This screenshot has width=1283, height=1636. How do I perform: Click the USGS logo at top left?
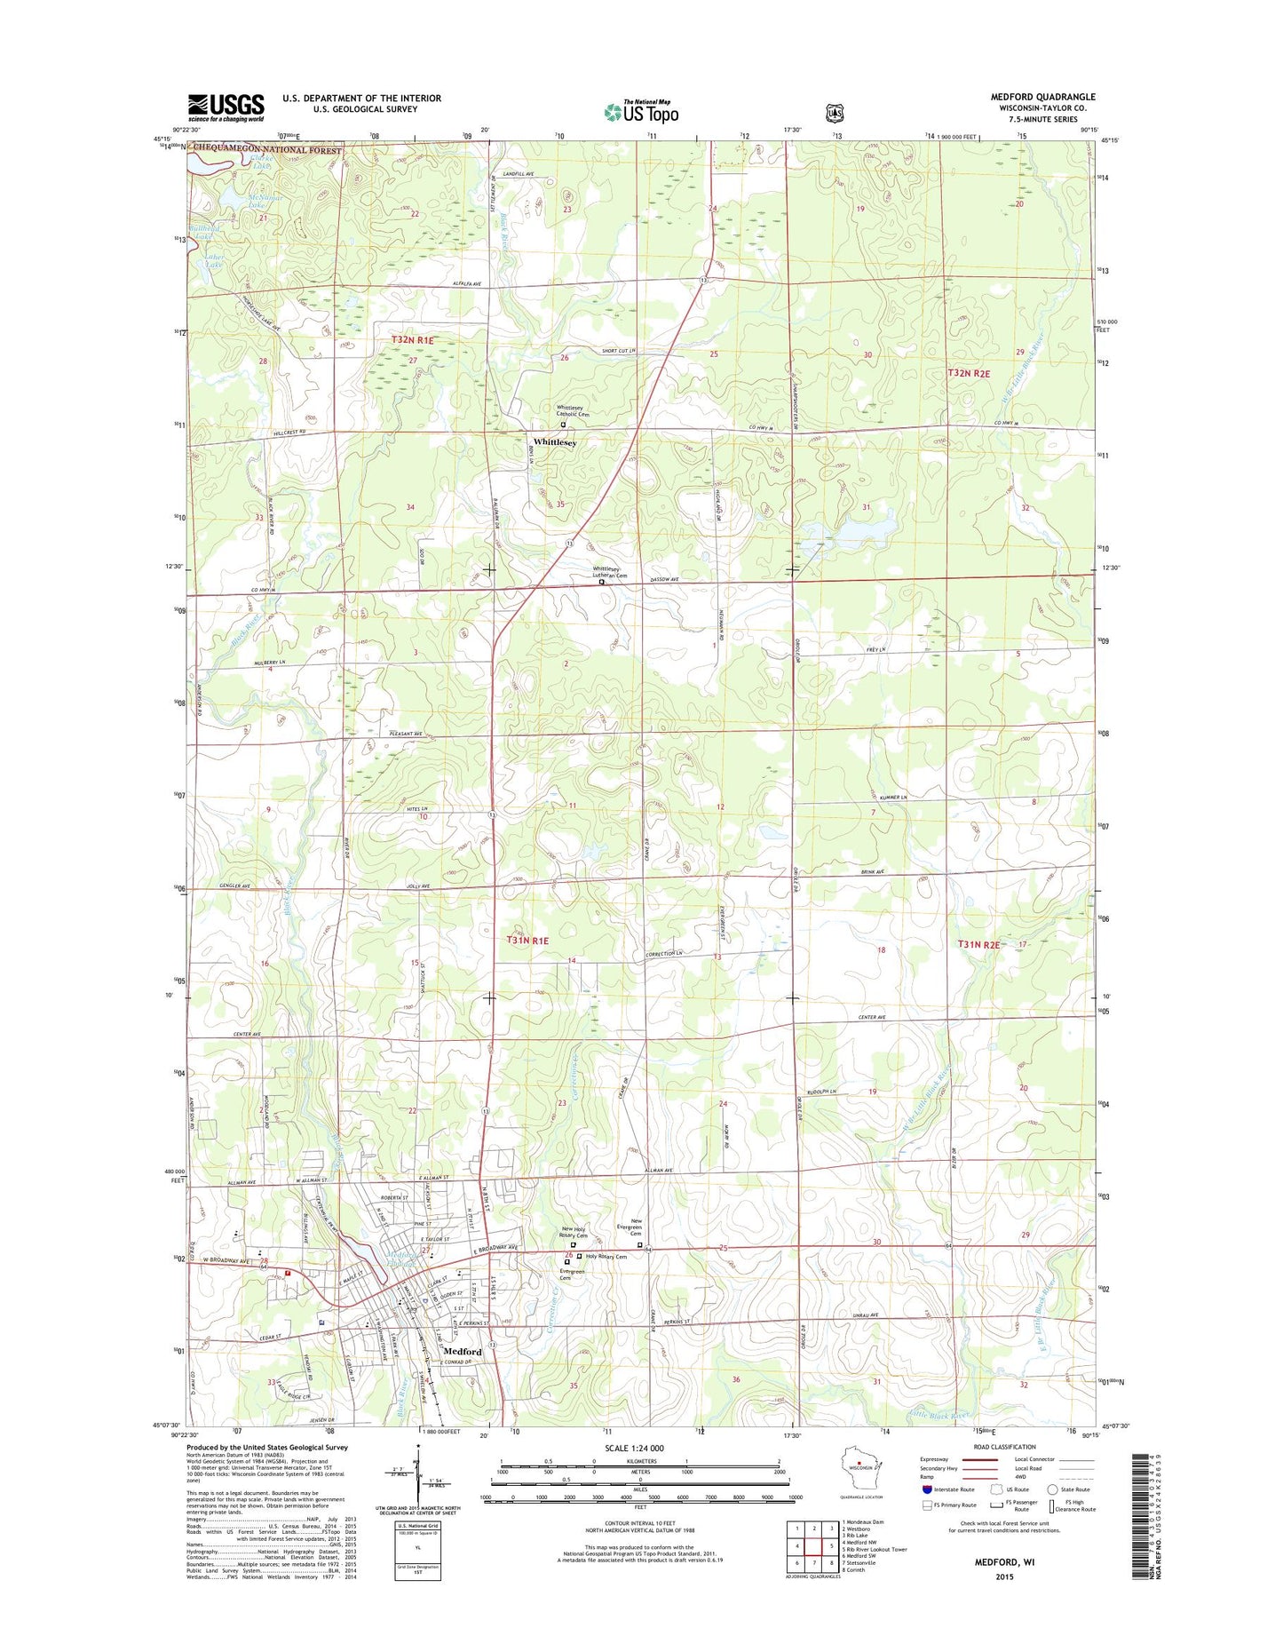(x=226, y=107)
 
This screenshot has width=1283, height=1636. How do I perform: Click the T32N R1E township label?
(x=413, y=340)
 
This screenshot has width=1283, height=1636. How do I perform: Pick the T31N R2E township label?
(x=978, y=944)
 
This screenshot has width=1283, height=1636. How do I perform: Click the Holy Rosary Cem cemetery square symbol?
(x=580, y=1257)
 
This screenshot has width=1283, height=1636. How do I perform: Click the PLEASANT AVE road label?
(x=406, y=734)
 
